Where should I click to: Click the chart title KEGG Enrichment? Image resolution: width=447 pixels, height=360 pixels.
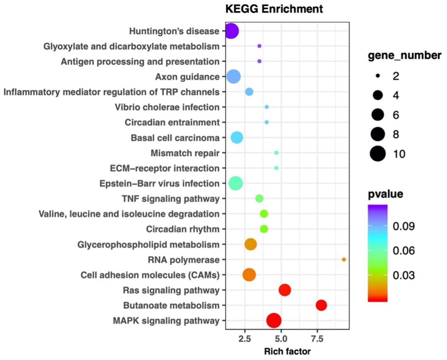click(x=274, y=9)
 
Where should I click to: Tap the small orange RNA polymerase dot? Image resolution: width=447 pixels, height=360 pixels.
click(x=344, y=259)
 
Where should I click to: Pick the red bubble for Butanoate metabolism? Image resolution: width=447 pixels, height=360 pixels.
click(x=321, y=305)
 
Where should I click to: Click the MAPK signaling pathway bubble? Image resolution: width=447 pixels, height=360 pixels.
click(x=273, y=321)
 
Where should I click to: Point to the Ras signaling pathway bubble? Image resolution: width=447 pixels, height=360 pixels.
click(x=285, y=290)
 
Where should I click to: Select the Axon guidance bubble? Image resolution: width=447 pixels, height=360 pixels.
click(x=233, y=77)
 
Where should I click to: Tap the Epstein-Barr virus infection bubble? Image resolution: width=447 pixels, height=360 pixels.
click(x=235, y=183)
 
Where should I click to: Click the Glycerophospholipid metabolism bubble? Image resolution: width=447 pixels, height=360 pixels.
click(x=250, y=244)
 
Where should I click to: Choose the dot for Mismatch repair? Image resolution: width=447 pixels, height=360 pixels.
click(x=276, y=153)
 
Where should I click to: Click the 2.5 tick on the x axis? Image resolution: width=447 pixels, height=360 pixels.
click(x=245, y=339)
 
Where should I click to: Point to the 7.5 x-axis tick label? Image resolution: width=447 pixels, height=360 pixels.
click(x=317, y=339)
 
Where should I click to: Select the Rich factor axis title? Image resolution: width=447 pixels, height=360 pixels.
click(x=287, y=351)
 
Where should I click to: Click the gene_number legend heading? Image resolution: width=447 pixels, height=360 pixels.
click(x=404, y=55)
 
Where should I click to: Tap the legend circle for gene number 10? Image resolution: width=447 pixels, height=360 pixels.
click(x=378, y=154)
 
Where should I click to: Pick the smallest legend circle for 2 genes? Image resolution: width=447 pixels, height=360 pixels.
click(x=378, y=76)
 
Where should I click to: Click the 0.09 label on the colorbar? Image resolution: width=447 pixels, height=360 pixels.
click(x=403, y=226)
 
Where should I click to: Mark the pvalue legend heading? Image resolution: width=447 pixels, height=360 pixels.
click(x=385, y=194)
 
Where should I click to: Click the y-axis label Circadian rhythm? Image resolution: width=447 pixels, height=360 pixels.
click(x=183, y=229)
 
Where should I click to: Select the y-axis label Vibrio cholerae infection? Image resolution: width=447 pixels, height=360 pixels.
click(x=167, y=107)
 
